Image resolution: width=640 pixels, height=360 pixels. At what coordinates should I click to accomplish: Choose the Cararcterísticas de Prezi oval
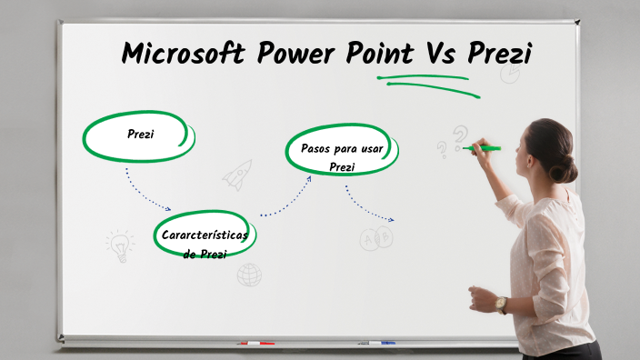(205, 238)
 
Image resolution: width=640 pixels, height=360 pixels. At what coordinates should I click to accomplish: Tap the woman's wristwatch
(501, 304)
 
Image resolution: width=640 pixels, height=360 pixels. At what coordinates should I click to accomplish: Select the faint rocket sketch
(237, 174)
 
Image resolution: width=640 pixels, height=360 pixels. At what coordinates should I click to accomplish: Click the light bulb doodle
(119, 245)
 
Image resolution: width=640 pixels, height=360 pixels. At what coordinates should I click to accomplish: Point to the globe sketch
(249, 274)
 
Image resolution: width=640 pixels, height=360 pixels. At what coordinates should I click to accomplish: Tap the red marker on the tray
(255, 344)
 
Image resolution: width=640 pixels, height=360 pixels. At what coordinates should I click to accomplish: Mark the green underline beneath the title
(427, 80)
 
